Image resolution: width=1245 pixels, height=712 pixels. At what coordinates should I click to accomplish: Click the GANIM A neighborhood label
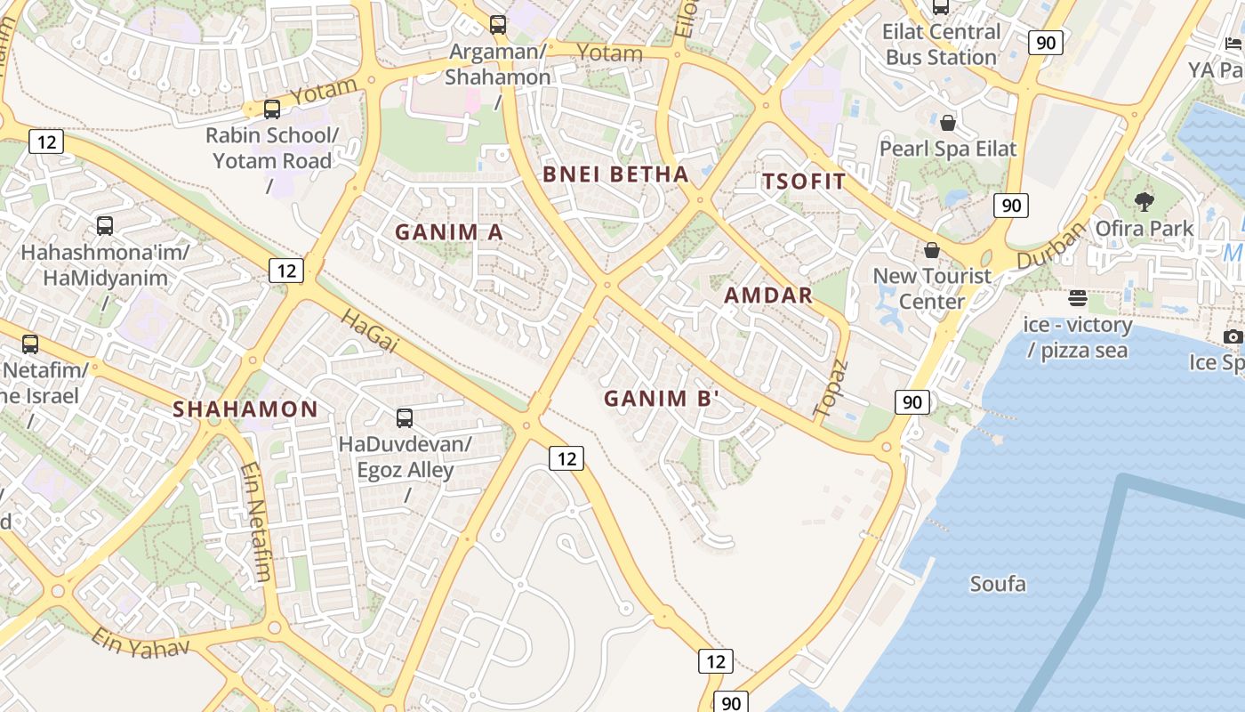(449, 232)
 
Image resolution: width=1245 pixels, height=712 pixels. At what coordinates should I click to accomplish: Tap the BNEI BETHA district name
(615, 174)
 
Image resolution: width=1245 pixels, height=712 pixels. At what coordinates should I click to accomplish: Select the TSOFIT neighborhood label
(804, 182)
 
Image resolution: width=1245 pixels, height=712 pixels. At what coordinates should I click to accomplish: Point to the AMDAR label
(768, 295)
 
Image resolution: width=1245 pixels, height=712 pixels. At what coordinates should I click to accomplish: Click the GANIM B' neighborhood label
(661, 399)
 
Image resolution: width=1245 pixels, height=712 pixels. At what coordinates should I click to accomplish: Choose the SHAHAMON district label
(245, 409)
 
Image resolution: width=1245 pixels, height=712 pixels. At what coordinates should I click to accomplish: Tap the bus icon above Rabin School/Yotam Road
(272, 109)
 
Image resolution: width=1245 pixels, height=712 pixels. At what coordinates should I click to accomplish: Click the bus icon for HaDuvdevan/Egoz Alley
(405, 417)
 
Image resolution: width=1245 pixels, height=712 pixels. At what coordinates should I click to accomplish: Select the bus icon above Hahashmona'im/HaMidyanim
(105, 226)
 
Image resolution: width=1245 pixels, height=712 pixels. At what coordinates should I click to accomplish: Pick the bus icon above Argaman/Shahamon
(498, 25)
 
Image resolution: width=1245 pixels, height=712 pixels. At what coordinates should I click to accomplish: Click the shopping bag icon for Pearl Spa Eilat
(948, 123)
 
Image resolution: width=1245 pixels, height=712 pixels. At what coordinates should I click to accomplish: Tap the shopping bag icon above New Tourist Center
(932, 250)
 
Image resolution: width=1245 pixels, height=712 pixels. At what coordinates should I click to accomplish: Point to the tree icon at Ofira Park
(1145, 202)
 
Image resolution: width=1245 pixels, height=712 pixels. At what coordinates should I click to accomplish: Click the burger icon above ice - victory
(1078, 297)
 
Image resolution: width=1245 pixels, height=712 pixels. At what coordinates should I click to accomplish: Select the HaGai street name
(368, 332)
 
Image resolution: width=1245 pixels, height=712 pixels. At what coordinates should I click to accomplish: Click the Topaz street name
(831, 389)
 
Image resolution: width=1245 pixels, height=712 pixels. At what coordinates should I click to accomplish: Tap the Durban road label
(1051, 245)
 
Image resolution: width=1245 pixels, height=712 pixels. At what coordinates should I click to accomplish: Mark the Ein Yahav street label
(141, 643)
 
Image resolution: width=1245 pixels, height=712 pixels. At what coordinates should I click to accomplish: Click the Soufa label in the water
(998, 585)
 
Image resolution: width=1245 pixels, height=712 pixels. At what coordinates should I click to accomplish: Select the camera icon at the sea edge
(1233, 336)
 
